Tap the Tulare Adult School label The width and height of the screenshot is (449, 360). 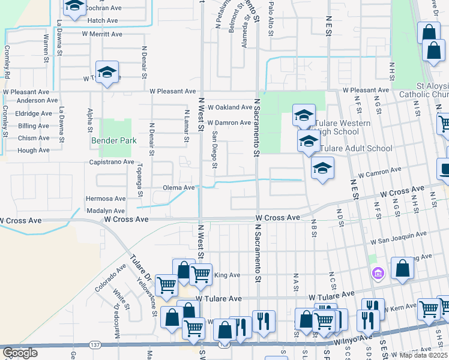point(356,148)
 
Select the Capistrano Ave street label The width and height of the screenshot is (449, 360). point(112,162)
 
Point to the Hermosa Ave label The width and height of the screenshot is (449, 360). point(106,198)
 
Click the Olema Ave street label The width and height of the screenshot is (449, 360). point(179,188)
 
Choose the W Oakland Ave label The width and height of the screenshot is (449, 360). point(230,107)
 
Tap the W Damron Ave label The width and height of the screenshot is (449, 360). point(229,123)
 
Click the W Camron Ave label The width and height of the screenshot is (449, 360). point(379,173)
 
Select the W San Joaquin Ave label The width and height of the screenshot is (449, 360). point(399,238)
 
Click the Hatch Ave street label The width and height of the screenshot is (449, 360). point(103,20)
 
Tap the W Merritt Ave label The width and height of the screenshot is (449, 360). point(108,34)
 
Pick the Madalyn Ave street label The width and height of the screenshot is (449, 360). point(106,211)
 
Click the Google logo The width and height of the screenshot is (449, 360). point(20,353)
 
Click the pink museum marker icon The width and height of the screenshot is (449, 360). point(377,274)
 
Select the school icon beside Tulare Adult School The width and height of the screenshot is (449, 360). point(309,142)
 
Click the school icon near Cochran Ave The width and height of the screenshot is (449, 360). point(74,6)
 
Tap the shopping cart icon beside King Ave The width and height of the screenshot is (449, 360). point(201,274)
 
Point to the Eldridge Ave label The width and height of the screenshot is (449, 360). point(34,113)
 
